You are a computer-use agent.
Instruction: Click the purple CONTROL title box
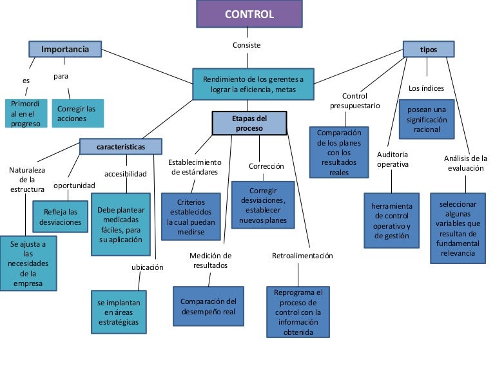click(249, 14)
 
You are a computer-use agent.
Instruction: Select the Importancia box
click(64, 49)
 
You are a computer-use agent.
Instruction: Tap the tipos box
click(428, 49)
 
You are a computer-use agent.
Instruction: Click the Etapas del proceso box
click(249, 123)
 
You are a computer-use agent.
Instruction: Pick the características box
click(121, 147)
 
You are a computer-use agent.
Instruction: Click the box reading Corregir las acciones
click(77, 114)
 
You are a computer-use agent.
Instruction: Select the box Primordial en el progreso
click(26, 114)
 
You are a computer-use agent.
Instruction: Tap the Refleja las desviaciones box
click(60, 216)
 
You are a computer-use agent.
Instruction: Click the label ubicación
click(148, 267)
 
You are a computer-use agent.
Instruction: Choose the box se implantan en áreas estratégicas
click(118, 312)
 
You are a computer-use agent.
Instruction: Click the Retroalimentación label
click(302, 256)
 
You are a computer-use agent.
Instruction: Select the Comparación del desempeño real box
click(208, 306)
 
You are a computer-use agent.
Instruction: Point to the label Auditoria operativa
click(393, 159)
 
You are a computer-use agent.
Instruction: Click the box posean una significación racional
click(426, 119)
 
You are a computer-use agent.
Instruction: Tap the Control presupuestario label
click(354, 100)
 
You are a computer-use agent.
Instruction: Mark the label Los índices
click(426, 88)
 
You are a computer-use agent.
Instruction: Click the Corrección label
click(266, 166)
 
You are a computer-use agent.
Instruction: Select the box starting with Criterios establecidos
click(191, 216)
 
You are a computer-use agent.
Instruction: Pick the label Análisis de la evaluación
click(465, 163)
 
